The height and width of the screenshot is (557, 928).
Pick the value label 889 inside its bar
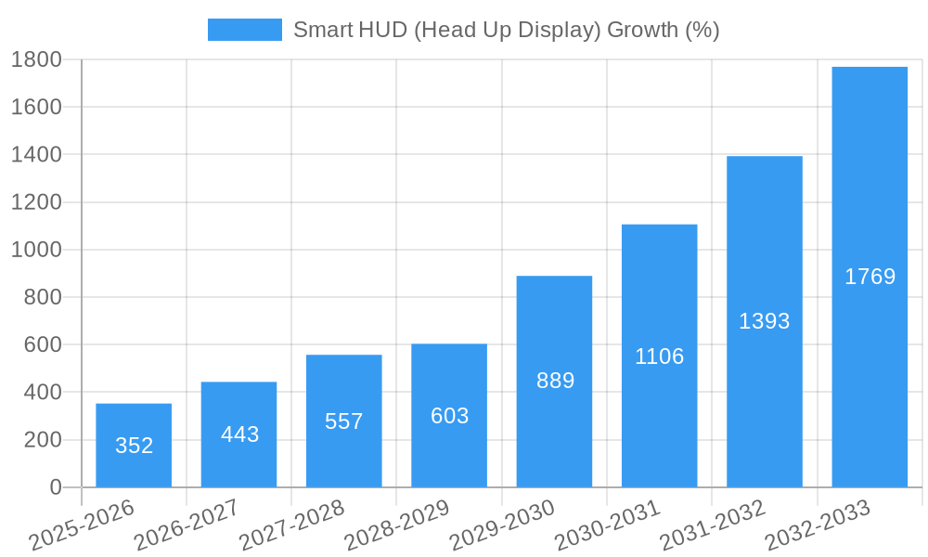click(x=555, y=381)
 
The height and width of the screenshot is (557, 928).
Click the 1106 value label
click(x=659, y=356)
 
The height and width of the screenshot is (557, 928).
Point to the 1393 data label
click(x=764, y=321)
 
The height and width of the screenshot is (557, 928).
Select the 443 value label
click(x=239, y=434)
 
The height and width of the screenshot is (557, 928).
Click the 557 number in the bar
click(x=343, y=421)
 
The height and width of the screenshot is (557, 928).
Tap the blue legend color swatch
click(x=244, y=30)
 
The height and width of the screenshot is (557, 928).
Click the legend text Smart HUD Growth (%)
click(x=506, y=30)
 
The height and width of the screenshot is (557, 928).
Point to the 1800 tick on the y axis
click(x=36, y=59)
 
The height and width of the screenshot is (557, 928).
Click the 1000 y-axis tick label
click(x=36, y=250)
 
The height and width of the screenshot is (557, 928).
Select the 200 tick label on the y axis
click(x=43, y=440)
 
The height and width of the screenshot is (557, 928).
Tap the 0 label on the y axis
click(x=55, y=487)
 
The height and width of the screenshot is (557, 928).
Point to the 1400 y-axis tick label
click(x=36, y=155)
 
